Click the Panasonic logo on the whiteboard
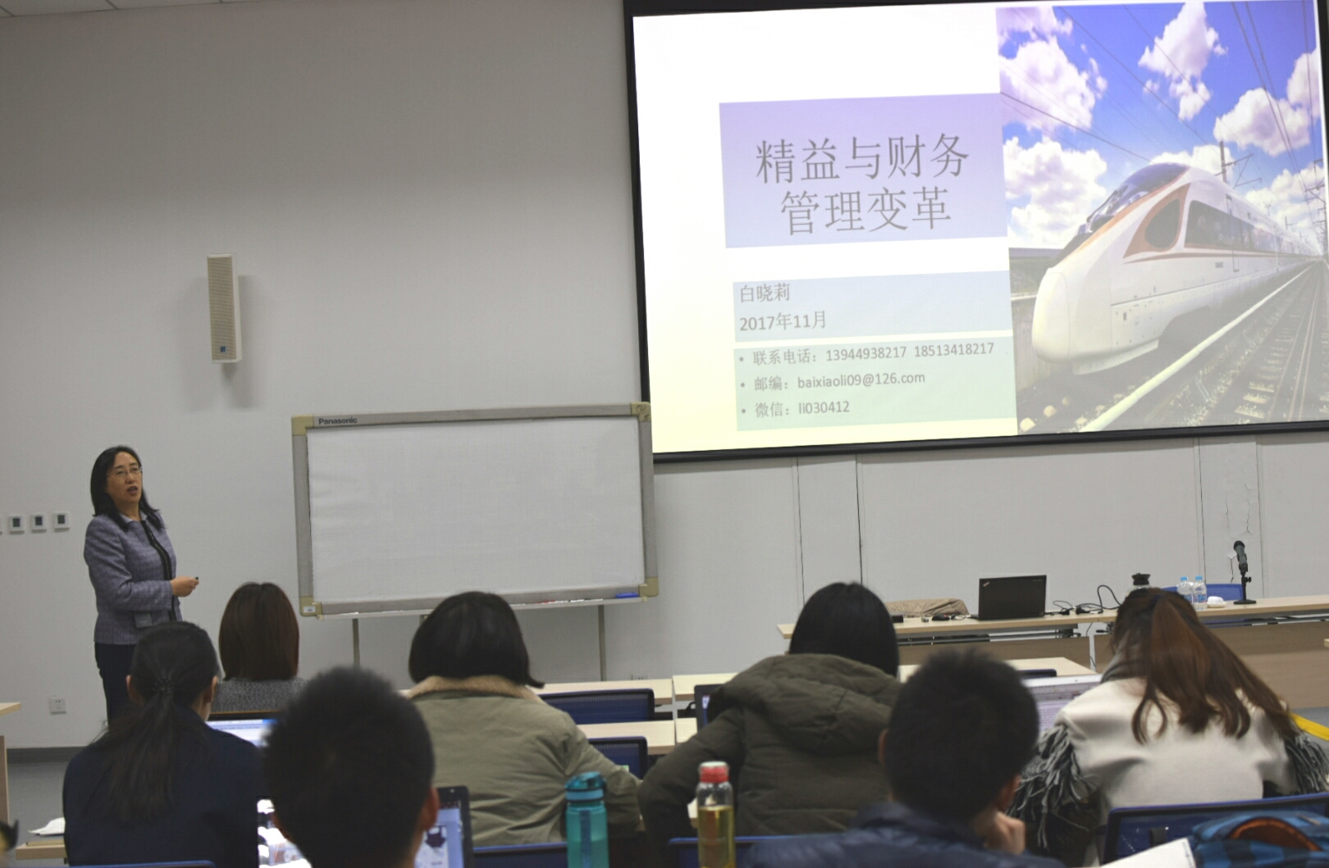[337, 421]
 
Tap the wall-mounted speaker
[224, 307]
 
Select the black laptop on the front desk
[1011, 597]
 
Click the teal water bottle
[587, 820]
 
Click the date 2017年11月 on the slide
[783, 320]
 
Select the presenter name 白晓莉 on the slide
[765, 293]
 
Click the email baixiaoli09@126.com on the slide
[861, 380]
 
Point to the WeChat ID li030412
[824, 408]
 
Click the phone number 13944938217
[865, 353]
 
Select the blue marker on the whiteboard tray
[627, 595]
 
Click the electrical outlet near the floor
[57, 705]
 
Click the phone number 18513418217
[953, 350]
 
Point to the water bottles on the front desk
[1191, 593]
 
